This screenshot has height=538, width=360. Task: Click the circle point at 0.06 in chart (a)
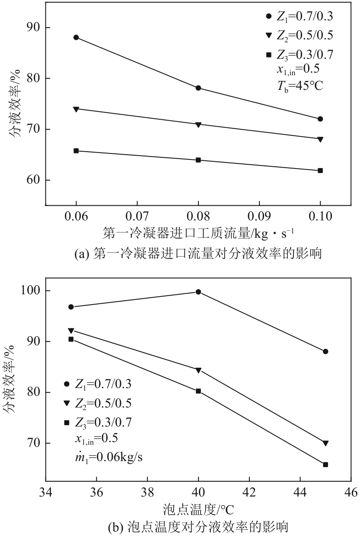76,37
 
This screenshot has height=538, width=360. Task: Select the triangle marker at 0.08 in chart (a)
198,124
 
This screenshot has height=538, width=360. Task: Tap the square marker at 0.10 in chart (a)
320,171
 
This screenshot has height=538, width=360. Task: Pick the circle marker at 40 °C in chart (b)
198,292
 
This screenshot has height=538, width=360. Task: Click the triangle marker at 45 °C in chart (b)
325,443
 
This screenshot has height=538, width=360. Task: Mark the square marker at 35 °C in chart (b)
71,339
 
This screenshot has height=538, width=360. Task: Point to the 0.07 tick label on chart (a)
137,215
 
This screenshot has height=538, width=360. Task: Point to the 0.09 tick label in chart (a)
259,215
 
